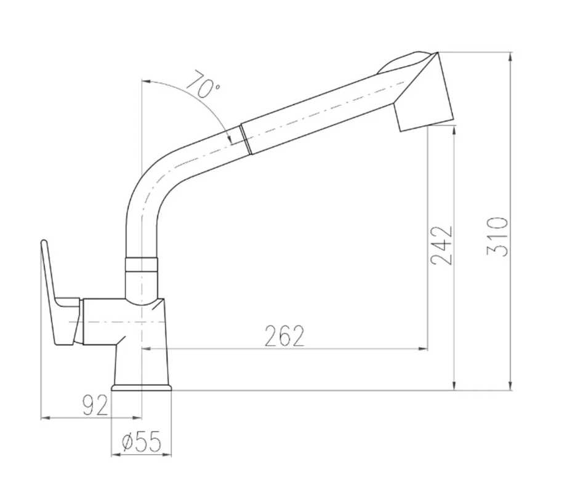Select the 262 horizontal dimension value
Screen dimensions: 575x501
(x=284, y=335)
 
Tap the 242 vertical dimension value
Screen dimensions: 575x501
(x=441, y=246)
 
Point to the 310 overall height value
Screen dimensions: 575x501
(x=497, y=237)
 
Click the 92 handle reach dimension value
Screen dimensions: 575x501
(x=95, y=404)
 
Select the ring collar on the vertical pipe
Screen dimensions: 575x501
(x=142, y=265)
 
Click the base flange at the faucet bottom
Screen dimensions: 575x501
(x=142, y=388)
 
